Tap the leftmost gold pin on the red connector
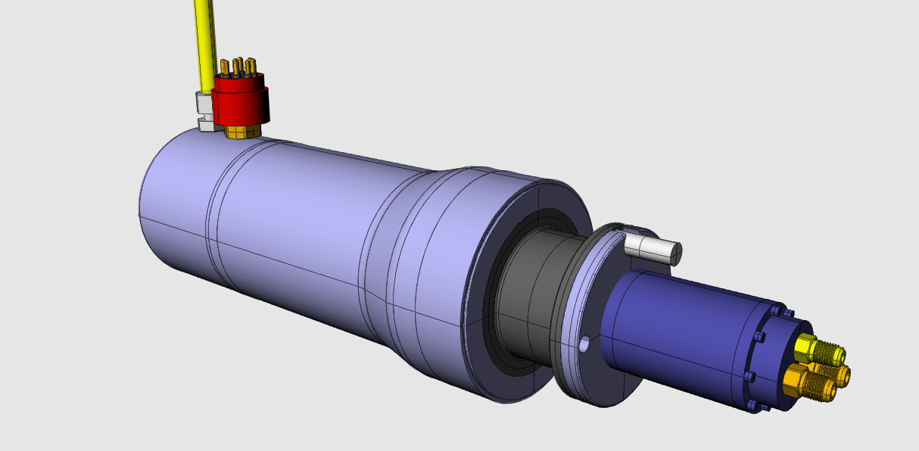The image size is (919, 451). point(224,67)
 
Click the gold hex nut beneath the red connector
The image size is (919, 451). point(242,132)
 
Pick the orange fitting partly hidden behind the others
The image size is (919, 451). point(840,372)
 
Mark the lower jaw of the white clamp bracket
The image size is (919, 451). point(205,123)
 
